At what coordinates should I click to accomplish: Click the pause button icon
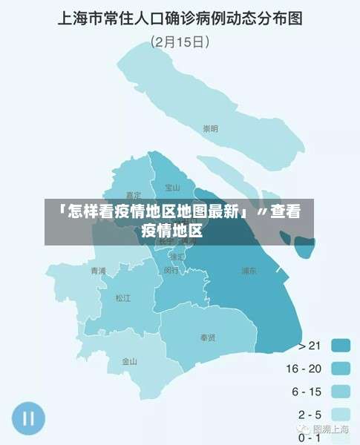pyautogui.click(x=28, y=418)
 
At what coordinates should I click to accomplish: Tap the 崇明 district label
pyautogui.click(x=211, y=129)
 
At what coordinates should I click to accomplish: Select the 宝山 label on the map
pyautogui.click(x=173, y=188)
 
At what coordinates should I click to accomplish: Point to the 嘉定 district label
pyautogui.click(x=134, y=195)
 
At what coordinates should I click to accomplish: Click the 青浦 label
pyautogui.click(x=97, y=271)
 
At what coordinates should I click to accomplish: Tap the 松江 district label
pyautogui.click(x=122, y=298)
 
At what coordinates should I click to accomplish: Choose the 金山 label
pyautogui.click(x=129, y=362)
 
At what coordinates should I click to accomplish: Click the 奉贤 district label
pyautogui.click(x=208, y=338)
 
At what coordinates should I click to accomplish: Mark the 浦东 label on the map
pyautogui.click(x=249, y=271)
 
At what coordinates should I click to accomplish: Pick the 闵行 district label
pyautogui.click(x=171, y=271)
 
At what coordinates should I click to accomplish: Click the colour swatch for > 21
pyautogui.click(x=341, y=345)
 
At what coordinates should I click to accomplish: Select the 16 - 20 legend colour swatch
pyautogui.click(x=341, y=368)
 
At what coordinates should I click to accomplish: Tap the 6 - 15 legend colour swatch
pyautogui.click(x=341, y=391)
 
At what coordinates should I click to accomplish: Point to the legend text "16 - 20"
pyautogui.click(x=304, y=368)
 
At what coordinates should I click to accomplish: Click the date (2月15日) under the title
pyautogui.click(x=180, y=42)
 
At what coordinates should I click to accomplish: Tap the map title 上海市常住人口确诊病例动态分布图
pyautogui.click(x=180, y=19)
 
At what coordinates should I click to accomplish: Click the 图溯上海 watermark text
pyautogui.click(x=330, y=429)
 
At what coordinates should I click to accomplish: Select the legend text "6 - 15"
pyautogui.click(x=306, y=391)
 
